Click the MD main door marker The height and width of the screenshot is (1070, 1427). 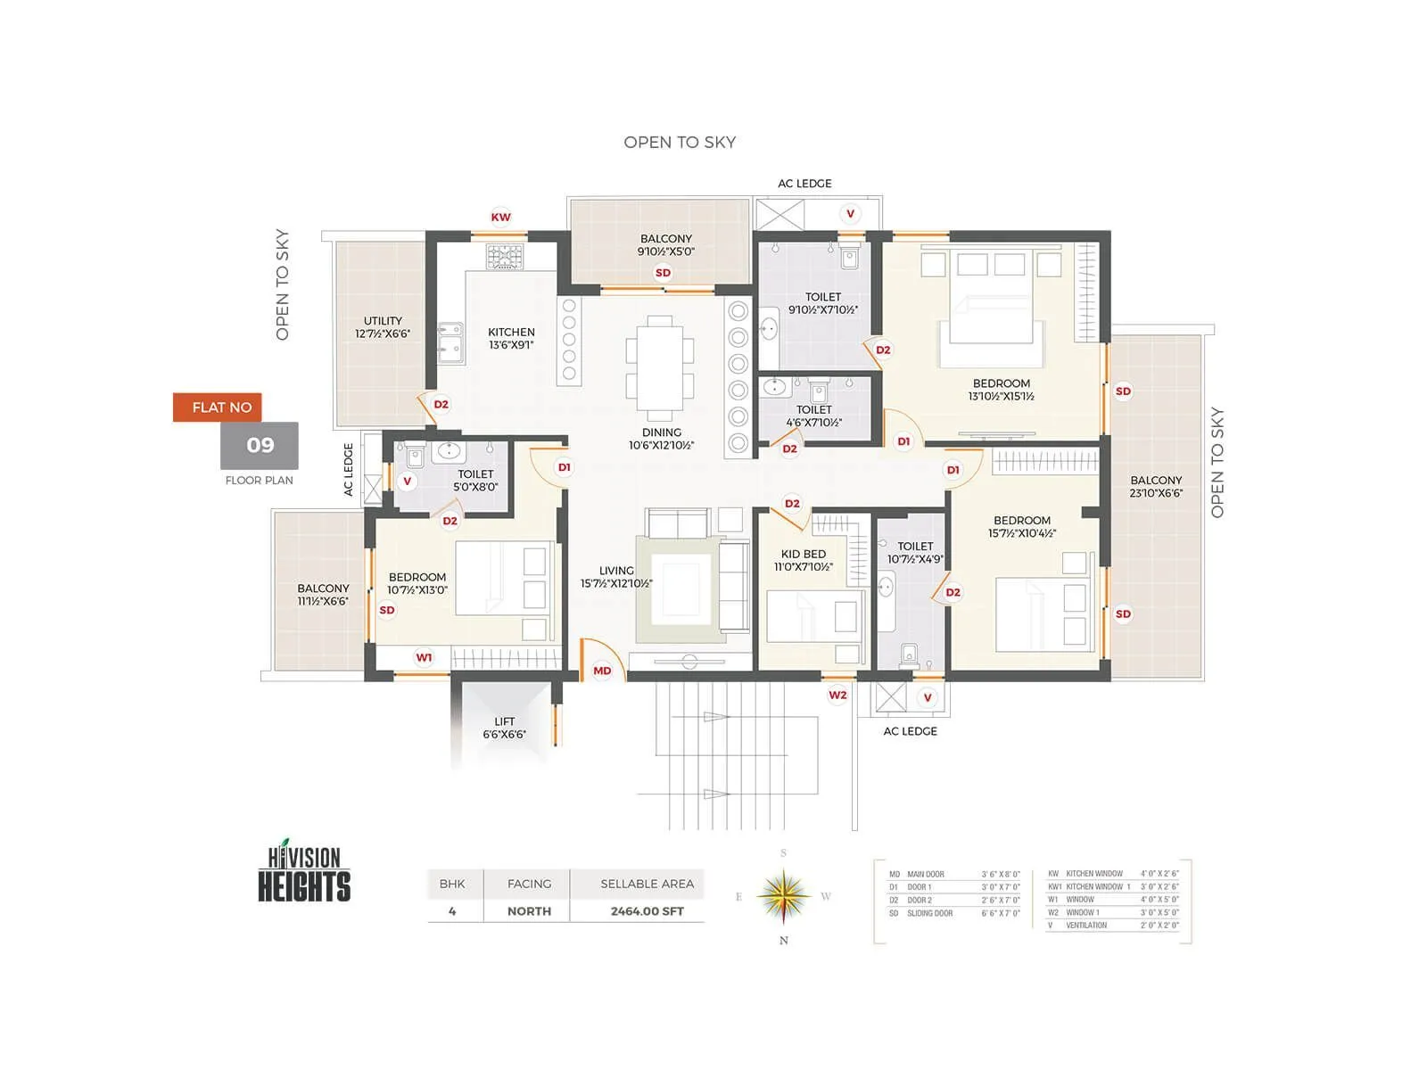click(x=602, y=671)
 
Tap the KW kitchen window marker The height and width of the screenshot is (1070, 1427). click(x=501, y=217)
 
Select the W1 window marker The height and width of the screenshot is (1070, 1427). click(x=424, y=657)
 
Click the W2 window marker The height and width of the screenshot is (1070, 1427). click(x=837, y=695)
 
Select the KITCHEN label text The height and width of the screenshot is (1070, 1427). click(x=511, y=332)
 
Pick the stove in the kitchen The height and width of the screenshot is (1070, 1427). click(x=505, y=256)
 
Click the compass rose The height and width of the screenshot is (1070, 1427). click(x=783, y=896)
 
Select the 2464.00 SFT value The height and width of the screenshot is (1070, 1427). click(x=647, y=911)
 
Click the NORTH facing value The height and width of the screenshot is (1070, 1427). click(x=529, y=911)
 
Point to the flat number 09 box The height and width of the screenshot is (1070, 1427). click(x=260, y=445)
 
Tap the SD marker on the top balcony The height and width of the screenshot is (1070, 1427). click(x=663, y=273)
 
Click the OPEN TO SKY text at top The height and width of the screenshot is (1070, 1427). click(x=680, y=142)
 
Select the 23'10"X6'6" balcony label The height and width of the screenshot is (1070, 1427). click(x=1156, y=493)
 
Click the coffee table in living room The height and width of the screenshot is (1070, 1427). click(x=681, y=588)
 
